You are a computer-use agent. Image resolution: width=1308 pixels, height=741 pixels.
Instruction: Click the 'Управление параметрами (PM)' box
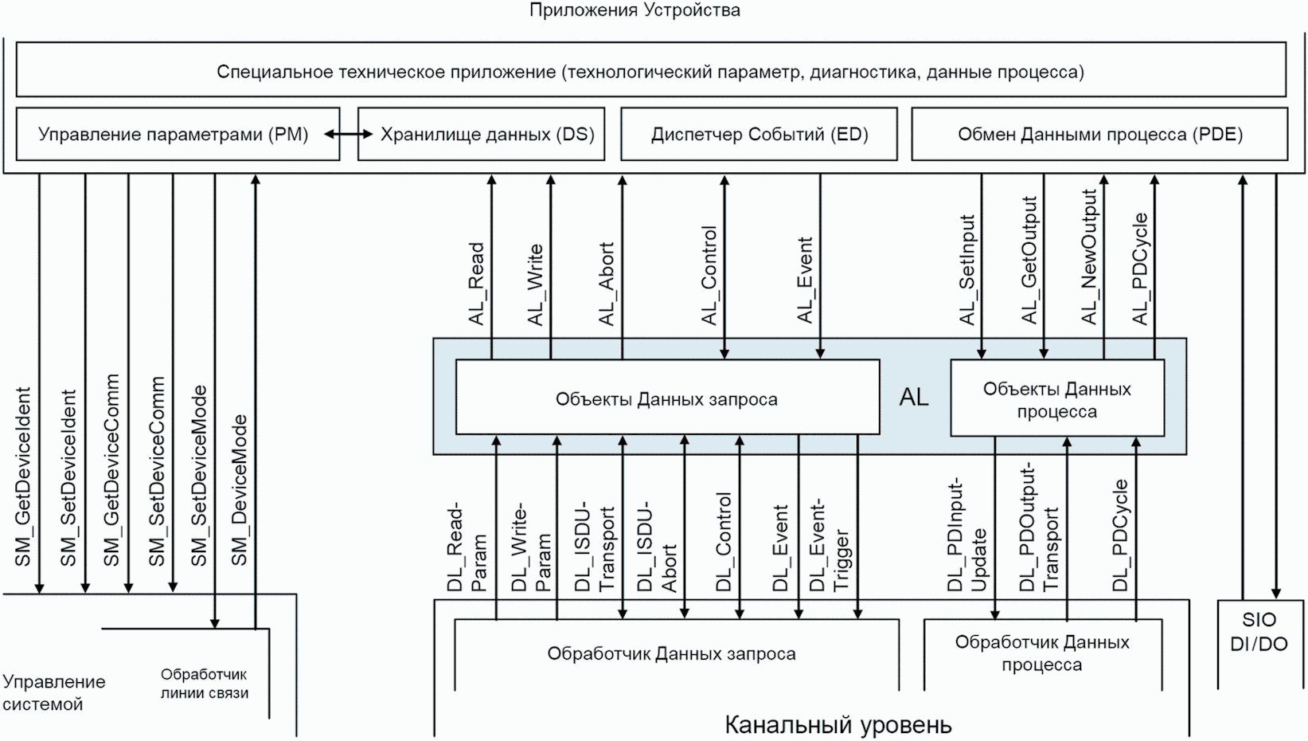click(174, 134)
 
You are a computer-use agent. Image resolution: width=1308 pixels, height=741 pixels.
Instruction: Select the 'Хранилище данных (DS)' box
click(487, 134)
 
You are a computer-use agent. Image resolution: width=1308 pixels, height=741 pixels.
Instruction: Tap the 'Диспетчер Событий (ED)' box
click(759, 134)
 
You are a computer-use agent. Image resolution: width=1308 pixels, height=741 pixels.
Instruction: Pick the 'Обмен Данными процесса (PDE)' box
click(1099, 134)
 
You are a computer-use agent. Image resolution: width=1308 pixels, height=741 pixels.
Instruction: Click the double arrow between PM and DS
click(349, 135)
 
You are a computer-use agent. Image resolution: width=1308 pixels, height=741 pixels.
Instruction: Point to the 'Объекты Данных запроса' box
click(666, 399)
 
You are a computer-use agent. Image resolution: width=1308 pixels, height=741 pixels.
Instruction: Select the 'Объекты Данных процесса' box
click(1056, 400)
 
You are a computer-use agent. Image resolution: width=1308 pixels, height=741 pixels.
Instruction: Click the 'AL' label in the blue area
click(914, 398)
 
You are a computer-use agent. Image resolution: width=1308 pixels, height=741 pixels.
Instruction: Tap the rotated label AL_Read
click(477, 284)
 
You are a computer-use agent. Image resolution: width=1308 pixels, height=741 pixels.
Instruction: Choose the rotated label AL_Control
click(709, 276)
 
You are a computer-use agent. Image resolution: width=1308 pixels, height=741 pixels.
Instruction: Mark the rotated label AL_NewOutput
click(1089, 257)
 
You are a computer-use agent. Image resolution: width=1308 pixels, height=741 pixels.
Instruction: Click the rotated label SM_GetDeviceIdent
click(23, 477)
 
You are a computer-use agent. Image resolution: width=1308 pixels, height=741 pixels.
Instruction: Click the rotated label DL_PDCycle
click(1120, 535)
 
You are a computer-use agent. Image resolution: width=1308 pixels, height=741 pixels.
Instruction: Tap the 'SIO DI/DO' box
click(1259, 633)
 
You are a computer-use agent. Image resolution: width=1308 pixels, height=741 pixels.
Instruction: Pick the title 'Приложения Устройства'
click(634, 10)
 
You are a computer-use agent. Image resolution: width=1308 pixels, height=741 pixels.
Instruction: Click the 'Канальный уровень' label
click(838, 725)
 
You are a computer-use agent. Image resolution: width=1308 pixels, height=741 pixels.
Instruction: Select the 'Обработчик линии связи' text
click(205, 684)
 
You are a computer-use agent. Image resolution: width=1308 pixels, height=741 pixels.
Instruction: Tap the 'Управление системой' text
click(54, 693)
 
